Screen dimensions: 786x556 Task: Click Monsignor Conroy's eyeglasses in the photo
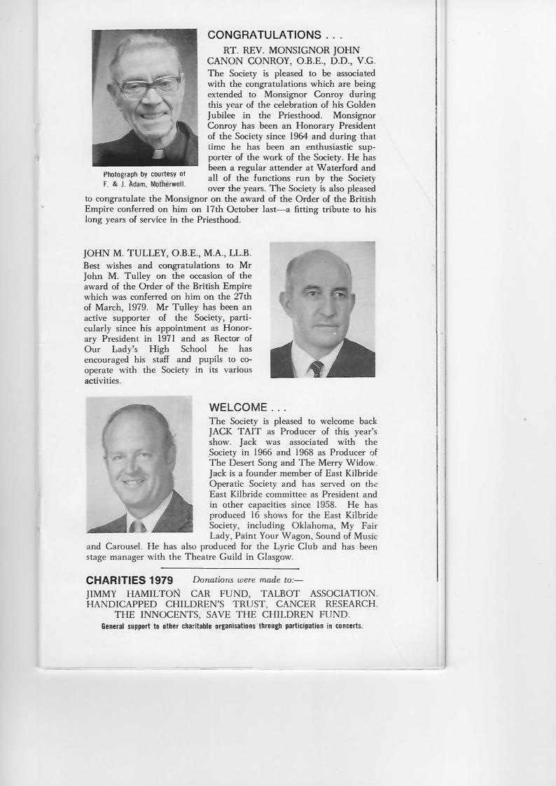pyautogui.click(x=148, y=87)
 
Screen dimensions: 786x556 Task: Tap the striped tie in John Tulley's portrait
pyautogui.click(x=317, y=367)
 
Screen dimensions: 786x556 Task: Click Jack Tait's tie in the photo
pyautogui.click(x=138, y=525)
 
